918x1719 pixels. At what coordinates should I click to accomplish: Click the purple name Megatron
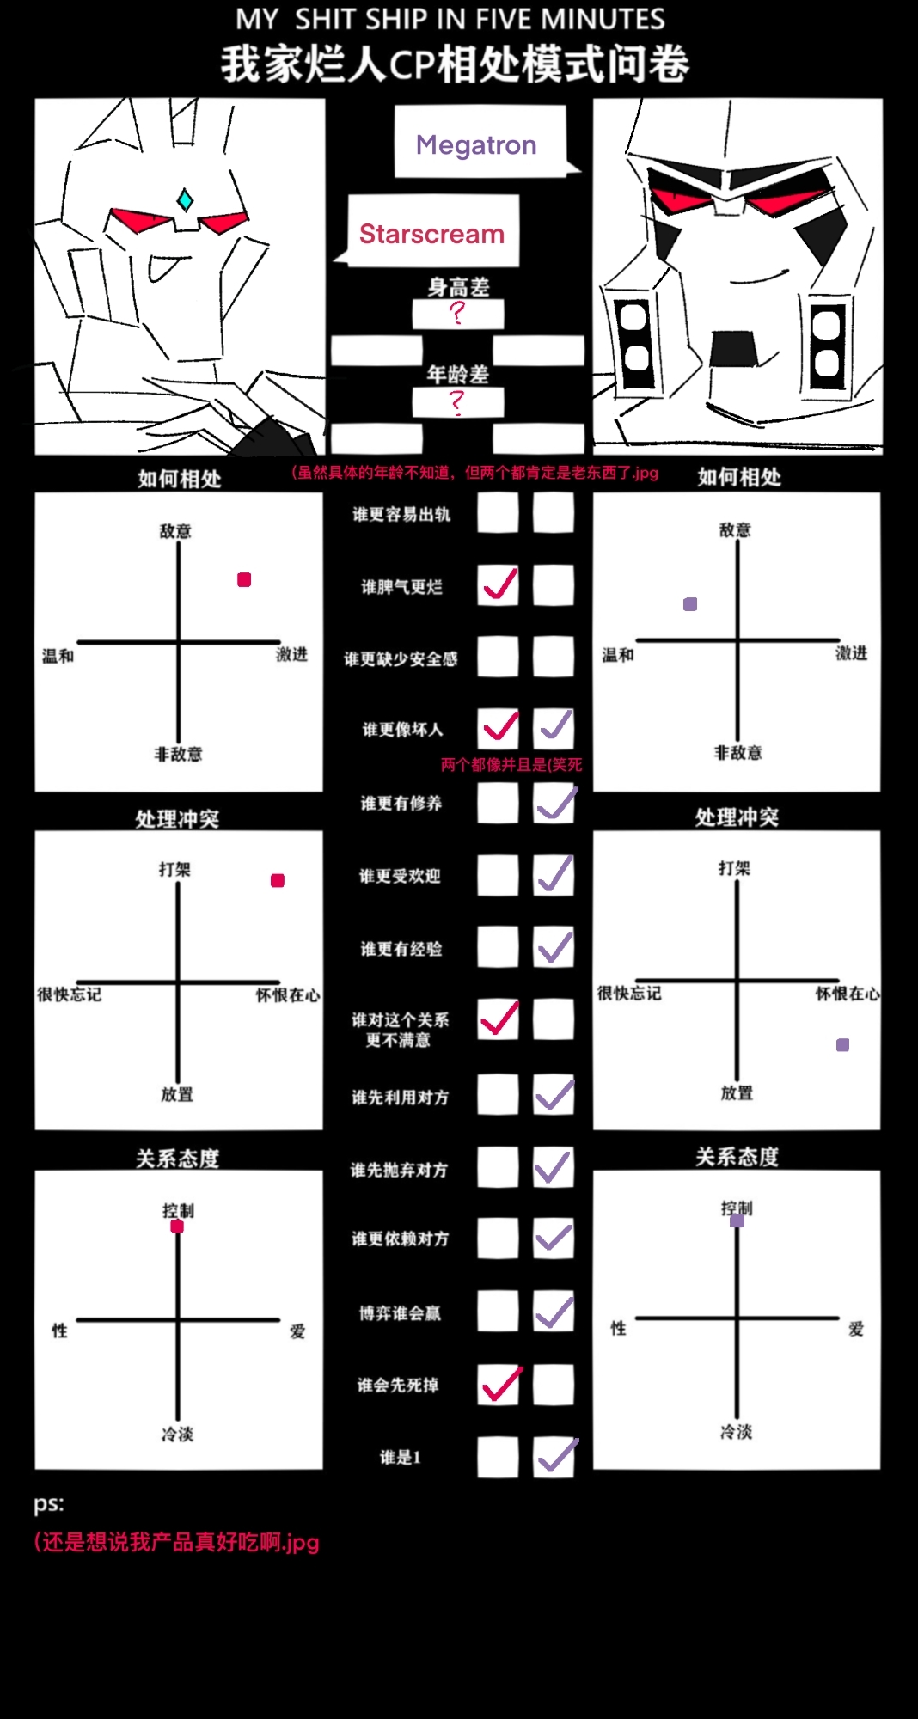click(476, 145)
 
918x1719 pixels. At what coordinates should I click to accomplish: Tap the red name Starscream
click(431, 234)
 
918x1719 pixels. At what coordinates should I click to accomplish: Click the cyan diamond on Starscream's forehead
click(185, 200)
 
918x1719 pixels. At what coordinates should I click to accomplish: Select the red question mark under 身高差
click(457, 312)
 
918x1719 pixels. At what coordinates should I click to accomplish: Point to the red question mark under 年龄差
click(457, 402)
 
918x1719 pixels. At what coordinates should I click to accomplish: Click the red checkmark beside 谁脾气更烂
click(500, 584)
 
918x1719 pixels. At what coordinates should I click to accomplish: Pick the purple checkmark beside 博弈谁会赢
click(555, 1312)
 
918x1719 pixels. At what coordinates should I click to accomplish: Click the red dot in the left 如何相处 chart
click(244, 580)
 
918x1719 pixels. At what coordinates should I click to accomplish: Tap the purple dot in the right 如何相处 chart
click(690, 604)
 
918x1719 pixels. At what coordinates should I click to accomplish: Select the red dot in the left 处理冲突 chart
click(278, 880)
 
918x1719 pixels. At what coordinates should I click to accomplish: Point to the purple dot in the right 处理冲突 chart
click(843, 1045)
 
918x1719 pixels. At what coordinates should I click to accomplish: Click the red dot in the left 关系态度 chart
click(177, 1227)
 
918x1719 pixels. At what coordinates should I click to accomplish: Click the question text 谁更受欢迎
click(400, 876)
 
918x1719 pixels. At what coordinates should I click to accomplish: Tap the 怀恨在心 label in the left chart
click(288, 995)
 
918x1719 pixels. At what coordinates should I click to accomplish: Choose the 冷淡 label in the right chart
click(737, 1432)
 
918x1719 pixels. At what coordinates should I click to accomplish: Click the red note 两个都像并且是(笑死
click(511, 764)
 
